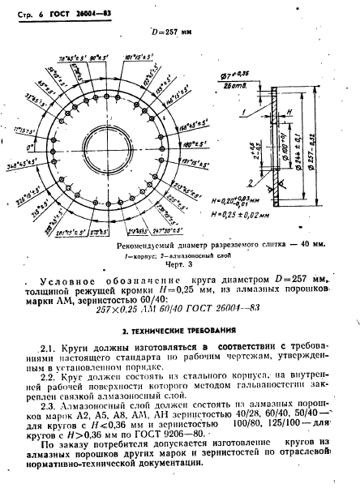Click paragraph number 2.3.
pos(48,400)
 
